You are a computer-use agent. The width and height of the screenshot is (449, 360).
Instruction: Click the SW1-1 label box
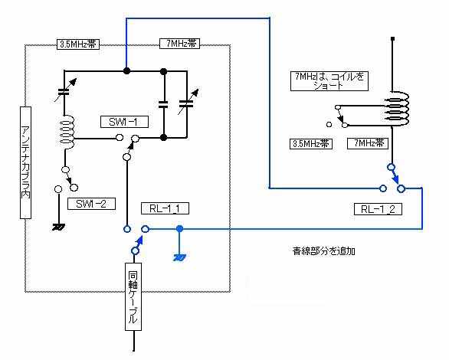pos(124,122)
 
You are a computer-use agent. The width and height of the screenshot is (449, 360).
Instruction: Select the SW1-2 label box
pos(91,204)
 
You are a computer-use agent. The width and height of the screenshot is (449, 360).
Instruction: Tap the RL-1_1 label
pos(165,208)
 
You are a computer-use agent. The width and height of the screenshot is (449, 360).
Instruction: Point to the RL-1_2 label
pos(378,209)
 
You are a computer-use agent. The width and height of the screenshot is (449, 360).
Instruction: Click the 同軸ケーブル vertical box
pos(133,296)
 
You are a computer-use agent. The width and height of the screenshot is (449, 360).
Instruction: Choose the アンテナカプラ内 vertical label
pos(25,163)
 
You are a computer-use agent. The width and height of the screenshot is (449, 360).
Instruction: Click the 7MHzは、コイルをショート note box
pos(329,81)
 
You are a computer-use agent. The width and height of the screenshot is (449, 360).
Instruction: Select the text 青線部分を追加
pos(324,251)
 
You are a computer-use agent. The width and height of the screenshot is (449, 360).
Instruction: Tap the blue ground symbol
pos(179,258)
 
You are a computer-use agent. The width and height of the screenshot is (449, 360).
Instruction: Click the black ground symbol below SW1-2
pos(58,227)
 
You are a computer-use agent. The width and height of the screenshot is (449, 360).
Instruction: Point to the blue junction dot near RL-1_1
pos(179,229)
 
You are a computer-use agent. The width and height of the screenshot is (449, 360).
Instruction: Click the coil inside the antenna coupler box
pos(67,129)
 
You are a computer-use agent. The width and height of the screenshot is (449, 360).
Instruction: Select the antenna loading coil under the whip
pos(398,109)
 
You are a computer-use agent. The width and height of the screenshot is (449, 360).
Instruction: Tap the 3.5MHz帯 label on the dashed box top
pos(78,44)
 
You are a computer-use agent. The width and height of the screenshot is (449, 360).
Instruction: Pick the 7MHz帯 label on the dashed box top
pos(179,44)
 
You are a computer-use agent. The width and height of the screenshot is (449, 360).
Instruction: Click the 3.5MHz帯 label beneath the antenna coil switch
pos(311,144)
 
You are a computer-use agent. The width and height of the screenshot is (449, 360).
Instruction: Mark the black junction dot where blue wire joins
pos(126,70)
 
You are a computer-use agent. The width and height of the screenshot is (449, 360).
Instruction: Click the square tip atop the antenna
pos(393,38)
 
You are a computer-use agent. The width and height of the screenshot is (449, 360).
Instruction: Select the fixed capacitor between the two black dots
pos(163,104)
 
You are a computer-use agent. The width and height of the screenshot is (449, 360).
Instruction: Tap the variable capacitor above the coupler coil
pos(64,90)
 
